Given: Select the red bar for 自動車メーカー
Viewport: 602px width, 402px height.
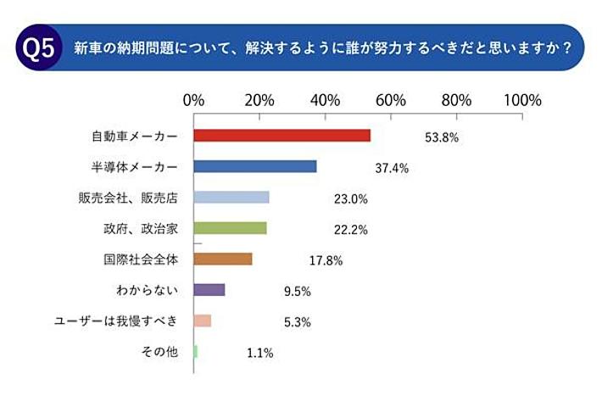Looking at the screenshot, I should (281, 136).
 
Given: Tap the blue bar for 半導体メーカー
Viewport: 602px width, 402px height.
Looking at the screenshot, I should (254, 166).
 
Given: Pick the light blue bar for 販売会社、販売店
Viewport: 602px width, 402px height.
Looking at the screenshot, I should (231, 198).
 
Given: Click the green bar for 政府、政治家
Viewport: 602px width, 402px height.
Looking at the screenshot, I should (230, 228).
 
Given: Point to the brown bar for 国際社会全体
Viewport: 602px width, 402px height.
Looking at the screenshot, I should (222, 259).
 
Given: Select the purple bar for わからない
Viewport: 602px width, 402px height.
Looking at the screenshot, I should (209, 290).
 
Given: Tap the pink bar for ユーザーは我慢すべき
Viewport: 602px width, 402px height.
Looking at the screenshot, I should (202, 321).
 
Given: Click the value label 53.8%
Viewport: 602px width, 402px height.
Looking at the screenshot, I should (441, 137).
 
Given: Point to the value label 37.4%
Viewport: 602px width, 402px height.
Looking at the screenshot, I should (392, 168).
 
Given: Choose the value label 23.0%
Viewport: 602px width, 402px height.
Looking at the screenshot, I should (350, 199).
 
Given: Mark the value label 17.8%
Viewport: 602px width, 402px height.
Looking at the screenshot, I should (325, 260).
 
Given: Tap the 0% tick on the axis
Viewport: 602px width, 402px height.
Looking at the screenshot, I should (194, 99).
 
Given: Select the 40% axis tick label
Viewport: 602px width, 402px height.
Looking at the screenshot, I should (326, 99).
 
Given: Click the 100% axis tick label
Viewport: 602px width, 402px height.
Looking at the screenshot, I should (523, 99).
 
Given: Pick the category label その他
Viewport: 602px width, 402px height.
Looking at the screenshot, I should (161, 352).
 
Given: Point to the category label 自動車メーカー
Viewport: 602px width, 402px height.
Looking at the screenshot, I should (135, 136).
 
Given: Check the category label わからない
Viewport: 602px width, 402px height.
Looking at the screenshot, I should (146, 290).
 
